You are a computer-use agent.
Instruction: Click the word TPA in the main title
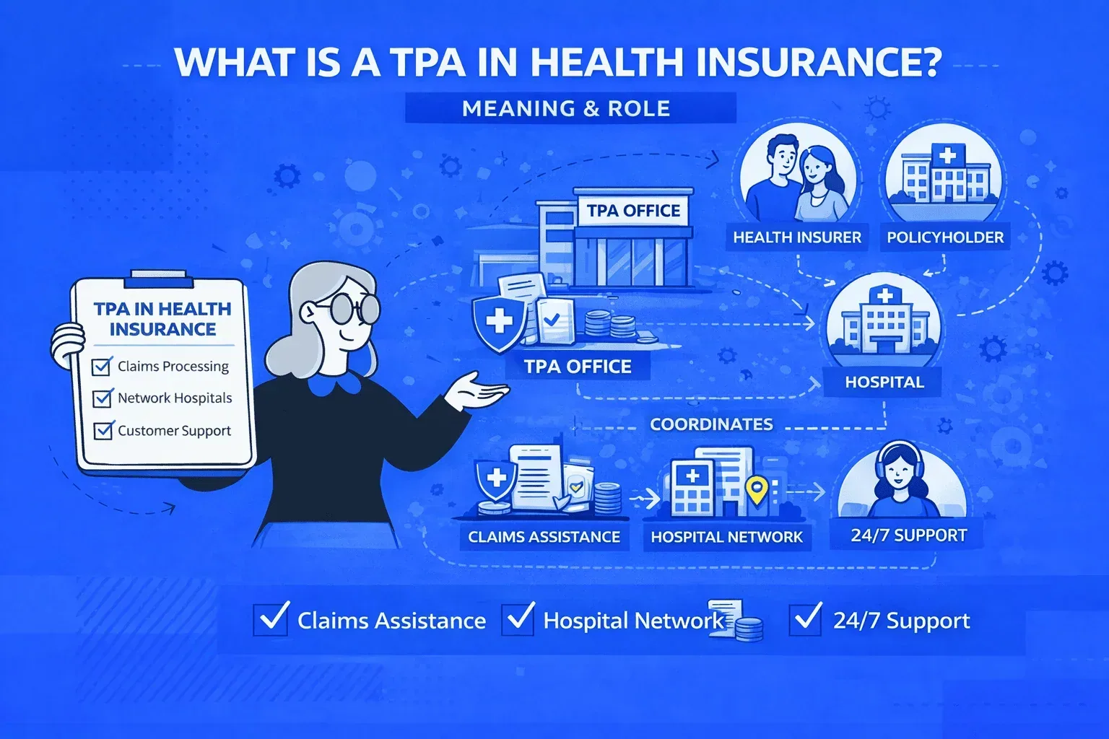point(428,62)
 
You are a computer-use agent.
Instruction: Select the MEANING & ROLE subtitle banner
point(567,109)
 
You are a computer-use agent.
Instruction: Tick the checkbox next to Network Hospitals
point(103,398)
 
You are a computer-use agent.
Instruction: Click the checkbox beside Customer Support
point(103,431)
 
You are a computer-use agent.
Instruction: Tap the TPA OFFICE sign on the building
point(633,211)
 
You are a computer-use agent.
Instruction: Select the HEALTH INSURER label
point(797,237)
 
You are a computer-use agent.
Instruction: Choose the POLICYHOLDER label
point(945,237)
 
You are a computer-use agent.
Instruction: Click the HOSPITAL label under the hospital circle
point(884,382)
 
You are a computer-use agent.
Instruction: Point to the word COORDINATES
point(711,424)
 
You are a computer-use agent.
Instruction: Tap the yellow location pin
point(756,490)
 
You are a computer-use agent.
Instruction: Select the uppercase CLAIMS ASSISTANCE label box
point(544,537)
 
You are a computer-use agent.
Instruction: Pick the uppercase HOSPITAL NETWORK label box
point(726,537)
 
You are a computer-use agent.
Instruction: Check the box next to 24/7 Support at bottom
point(805,619)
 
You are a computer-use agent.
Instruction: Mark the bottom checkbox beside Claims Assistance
point(271,619)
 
